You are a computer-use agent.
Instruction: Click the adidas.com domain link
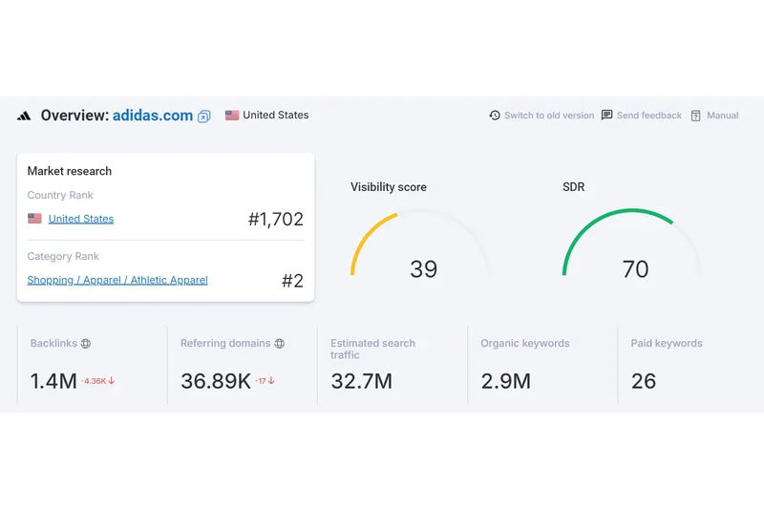point(153,116)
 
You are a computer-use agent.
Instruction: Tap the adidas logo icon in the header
point(24,116)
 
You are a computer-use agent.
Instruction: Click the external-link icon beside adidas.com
point(203,117)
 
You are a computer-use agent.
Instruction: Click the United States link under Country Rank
point(80,219)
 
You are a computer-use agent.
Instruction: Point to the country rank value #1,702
point(275,219)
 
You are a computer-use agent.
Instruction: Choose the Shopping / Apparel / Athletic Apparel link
point(117,280)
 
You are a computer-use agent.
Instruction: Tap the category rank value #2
point(292,281)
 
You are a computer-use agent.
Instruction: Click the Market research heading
point(70,171)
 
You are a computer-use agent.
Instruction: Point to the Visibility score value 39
point(423,269)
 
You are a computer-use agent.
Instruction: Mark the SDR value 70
point(635,269)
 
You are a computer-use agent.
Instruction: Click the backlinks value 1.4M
point(53,381)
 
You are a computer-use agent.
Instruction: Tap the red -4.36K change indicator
point(97,381)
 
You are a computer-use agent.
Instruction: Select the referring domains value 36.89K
point(216,381)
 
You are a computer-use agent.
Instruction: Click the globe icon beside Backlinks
point(85,344)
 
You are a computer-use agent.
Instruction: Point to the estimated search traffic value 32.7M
point(361,381)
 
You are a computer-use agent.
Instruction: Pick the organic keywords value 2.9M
point(505,381)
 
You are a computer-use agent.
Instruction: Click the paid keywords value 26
point(644,381)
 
